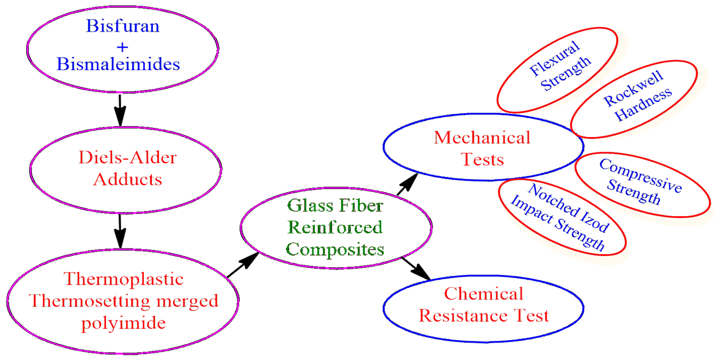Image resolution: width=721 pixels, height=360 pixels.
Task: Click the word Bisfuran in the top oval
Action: coord(122,25)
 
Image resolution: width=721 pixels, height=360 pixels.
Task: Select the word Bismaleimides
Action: coord(118,63)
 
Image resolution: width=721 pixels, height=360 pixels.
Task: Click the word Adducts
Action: coord(127,179)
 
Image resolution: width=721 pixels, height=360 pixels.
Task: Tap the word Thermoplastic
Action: coord(123,279)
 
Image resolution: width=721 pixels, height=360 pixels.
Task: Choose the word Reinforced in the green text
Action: coord(335,227)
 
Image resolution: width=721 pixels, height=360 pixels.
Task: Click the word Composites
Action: coord(335,248)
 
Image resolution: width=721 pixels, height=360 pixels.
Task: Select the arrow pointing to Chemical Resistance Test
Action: coord(416,269)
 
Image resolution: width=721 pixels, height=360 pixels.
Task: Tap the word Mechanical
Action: coord(482,138)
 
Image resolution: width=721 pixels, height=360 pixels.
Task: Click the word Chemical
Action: coord(484,293)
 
